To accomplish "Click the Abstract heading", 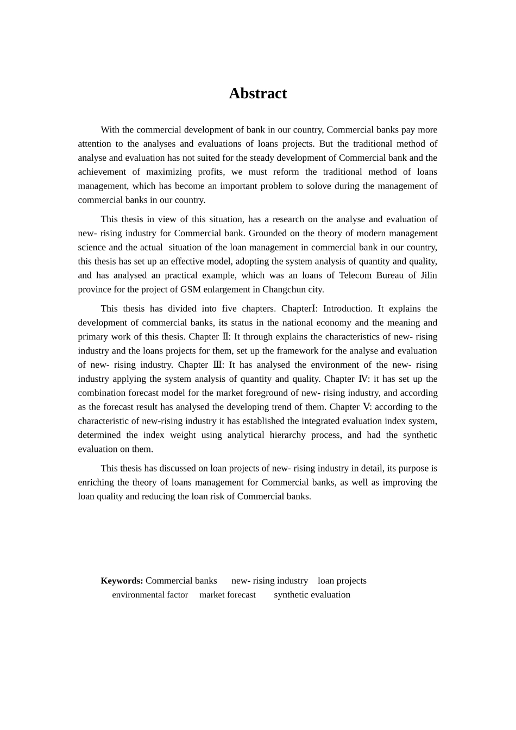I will click(257, 93).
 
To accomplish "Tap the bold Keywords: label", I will click(122, 581).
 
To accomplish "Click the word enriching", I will click(96, 482).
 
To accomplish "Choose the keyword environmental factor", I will click(150, 595).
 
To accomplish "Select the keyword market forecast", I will click(228, 595).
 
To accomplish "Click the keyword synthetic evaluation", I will click(312, 595).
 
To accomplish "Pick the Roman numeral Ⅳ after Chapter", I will click(363, 379).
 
